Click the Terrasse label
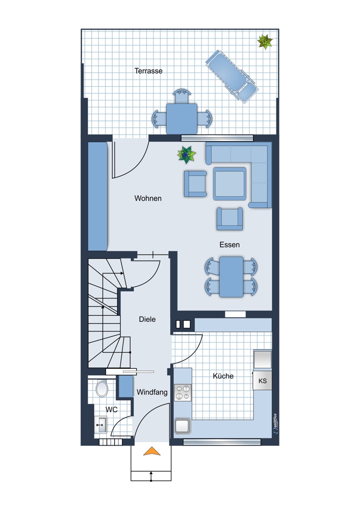(x=148, y=70)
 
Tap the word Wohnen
(x=148, y=198)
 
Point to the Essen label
(x=229, y=245)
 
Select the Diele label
(x=147, y=319)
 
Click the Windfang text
(x=152, y=392)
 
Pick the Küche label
(x=223, y=376)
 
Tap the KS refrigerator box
(x=263, y=380)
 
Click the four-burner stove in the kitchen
(x=183, y=393)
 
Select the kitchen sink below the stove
(x=183, y=426)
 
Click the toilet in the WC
(x=102, y=388)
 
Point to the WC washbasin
(x=100, y=425)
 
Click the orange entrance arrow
(x=152, y=451)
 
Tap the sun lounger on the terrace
(x=232, y=76)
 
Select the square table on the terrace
(x=182, y=119)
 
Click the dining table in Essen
(x=231, y=277)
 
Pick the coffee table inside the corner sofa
(x=229, y=184)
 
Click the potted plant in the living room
(x=186, y=155)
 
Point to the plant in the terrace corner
(x=265, y=42)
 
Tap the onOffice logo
(x=275, y=424)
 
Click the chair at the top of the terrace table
(x=182, y=96)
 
